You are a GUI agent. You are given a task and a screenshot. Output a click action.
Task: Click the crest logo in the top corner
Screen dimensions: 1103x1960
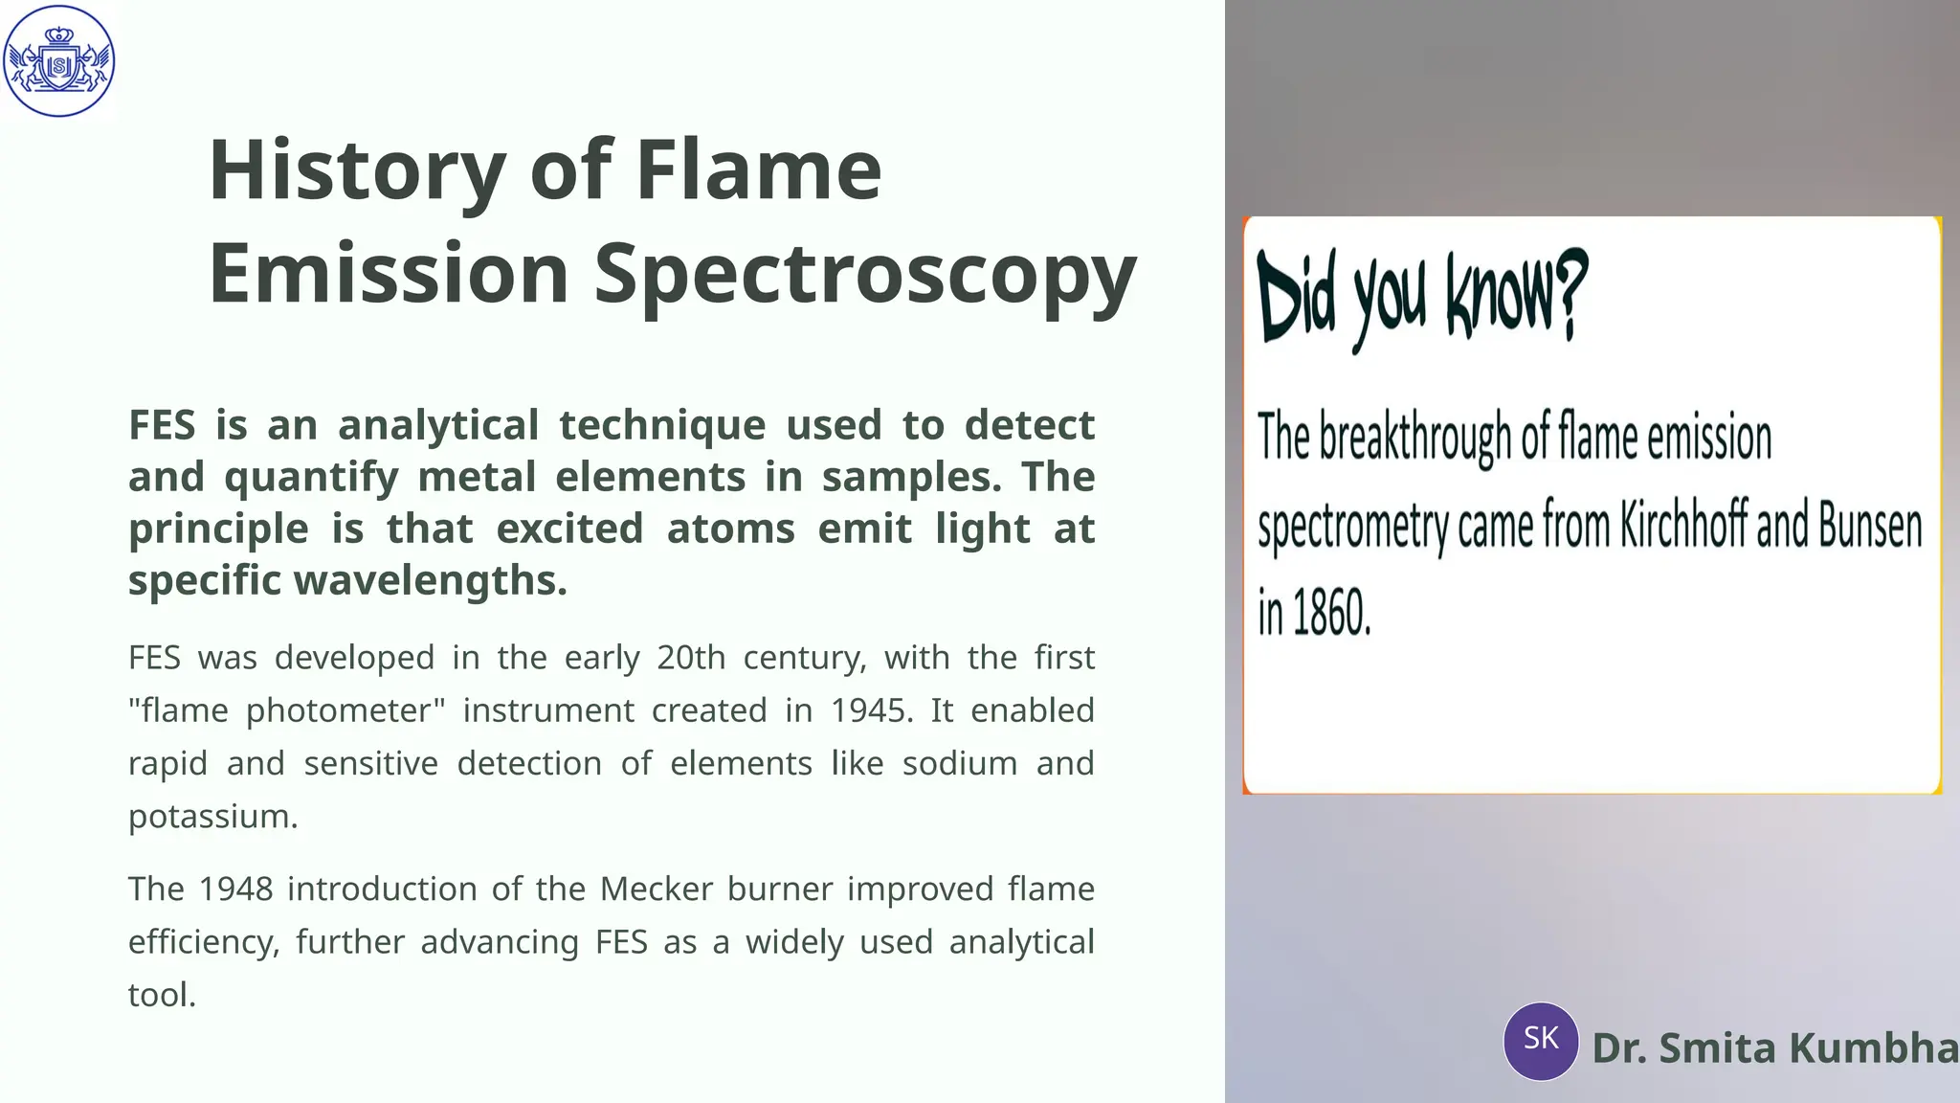pyautogui.click(x=59, y=61)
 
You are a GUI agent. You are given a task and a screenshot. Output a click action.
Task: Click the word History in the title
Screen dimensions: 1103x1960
pyautogui.click(x=357, y=170)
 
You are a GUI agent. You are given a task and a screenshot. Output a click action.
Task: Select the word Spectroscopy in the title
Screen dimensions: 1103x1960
pyautogui.click(x=865, y=275)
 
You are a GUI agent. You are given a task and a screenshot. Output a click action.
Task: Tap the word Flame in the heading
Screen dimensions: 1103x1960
pyautogui.click(x=758, y=170)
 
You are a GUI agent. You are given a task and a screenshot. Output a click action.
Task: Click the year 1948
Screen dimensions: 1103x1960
pyautogui.click(x=235, y=889)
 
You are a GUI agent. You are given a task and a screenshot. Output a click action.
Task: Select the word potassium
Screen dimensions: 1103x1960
pyautogui.click(x=212, y=817)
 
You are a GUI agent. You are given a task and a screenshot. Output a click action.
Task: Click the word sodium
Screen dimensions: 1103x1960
pyautogui.click(x=959, y=764)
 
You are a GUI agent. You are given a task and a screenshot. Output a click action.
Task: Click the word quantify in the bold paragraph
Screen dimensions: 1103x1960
pyautogui.click(x=311, y=478)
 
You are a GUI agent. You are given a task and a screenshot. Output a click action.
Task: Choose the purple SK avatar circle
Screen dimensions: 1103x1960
pyautogui.click(x=1541, y=1041)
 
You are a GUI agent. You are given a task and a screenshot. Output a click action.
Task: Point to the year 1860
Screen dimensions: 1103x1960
pyautogui.click(x=1331, y=613)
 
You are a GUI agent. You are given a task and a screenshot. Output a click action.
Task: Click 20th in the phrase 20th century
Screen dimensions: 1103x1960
pyautogui.click(x=691, y=658)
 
